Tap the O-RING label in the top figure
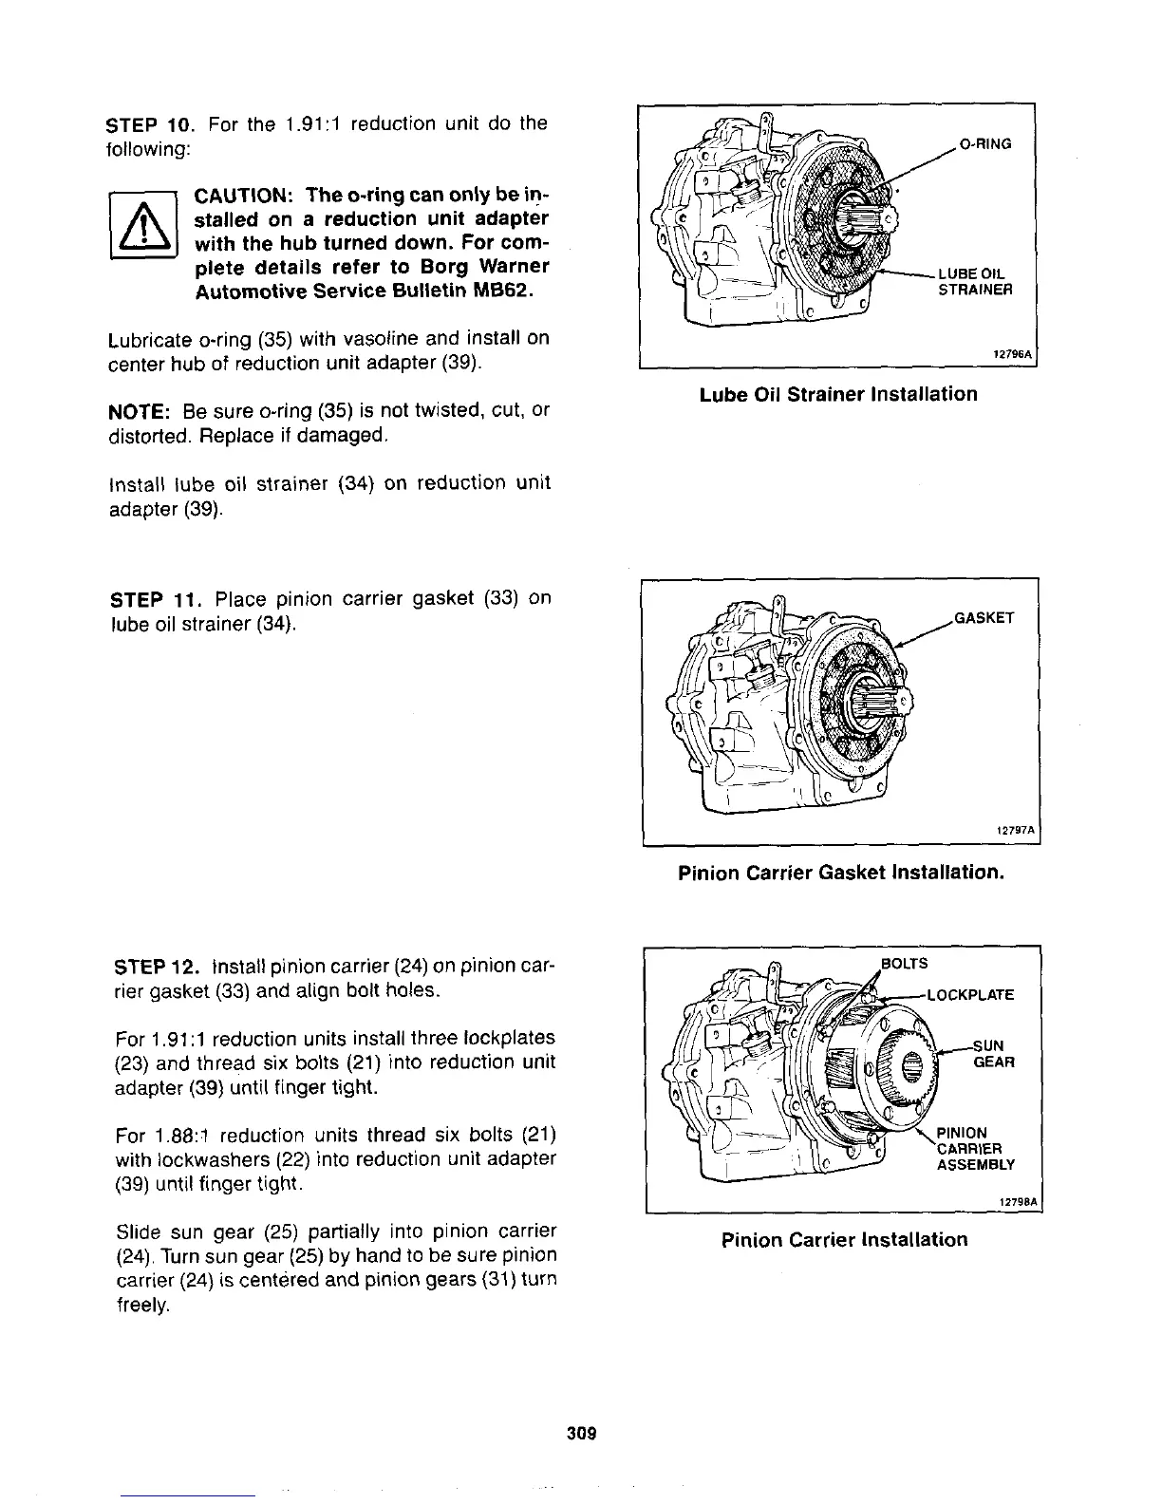[985, 144]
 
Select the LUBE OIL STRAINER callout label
[974, 282]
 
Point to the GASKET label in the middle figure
[984, 618]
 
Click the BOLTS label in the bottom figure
[903, 965]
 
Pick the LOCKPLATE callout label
[969, 995]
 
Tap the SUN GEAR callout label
[993, 1053]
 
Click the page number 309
[581, 1434]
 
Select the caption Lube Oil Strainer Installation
[838, 394]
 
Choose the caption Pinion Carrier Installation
[844, 1240]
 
